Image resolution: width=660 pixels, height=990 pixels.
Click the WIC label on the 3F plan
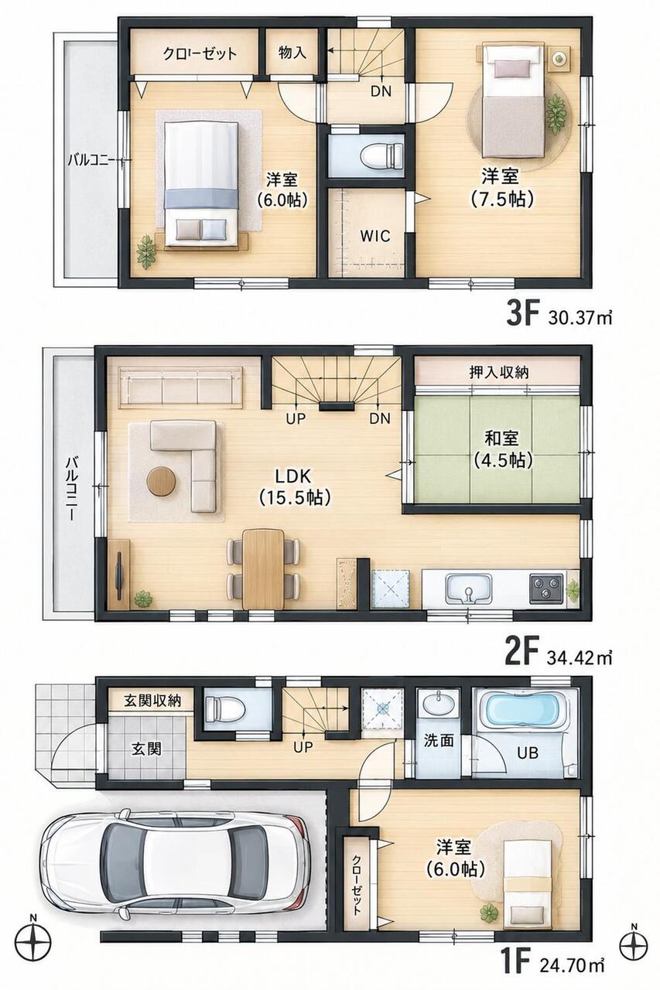pyautogui.click(x=374, y=236)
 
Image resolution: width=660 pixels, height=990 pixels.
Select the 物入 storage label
pyautogui.click(x=292, y=53)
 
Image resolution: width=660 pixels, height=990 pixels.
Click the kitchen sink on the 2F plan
pyautogui.click(x=468, y=589)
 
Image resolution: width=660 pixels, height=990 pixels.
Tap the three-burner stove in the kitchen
pyautogui.click(x=546, y=588)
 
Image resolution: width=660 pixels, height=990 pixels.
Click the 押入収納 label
pyautogui.click(x=498, y=373)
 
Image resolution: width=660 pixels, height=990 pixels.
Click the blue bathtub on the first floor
pyautogui.click(x=522, y=708)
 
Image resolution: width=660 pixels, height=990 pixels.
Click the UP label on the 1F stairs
pyautogui.click(x=303, y=747)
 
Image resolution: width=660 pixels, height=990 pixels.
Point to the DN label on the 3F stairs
pyautogui.click(x=381, y=91)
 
